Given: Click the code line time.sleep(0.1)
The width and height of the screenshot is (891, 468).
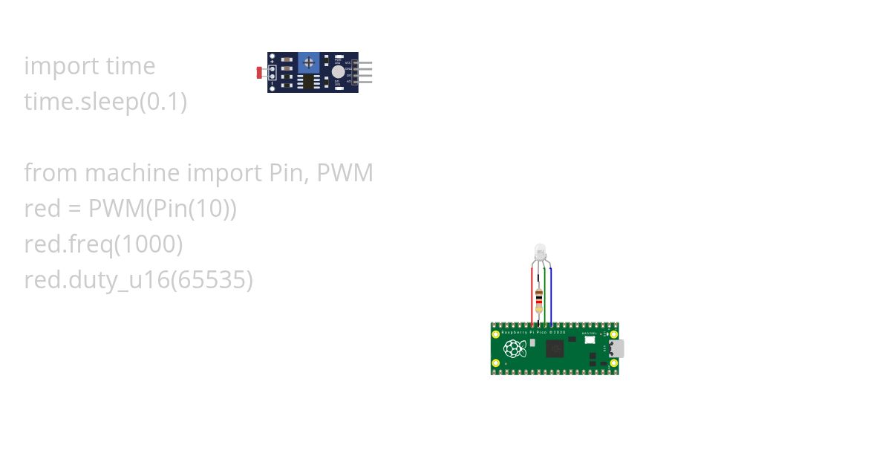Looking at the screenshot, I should point(105,102).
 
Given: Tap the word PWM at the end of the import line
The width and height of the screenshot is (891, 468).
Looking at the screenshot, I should point(345,173).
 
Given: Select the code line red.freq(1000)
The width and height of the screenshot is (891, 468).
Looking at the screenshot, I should point(103,244).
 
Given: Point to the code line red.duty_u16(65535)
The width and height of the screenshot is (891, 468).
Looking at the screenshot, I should point(138,280).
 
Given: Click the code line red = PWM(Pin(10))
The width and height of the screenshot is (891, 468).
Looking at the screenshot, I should point(130,209).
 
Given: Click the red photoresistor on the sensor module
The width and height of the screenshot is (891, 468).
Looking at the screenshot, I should point(259,72).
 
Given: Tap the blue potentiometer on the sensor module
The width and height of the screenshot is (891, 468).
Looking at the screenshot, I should point(309,63).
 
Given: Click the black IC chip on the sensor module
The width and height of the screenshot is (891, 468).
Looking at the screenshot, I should point(308,81).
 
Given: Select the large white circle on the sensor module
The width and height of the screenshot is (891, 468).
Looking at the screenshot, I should point(339,72).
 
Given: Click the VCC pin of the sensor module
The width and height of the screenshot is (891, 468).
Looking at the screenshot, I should point(364,64).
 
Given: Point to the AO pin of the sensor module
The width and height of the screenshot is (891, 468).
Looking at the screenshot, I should point(364,81).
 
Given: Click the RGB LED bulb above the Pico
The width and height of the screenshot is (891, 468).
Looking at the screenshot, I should point(540,251).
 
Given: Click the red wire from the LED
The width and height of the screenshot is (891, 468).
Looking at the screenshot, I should point(532,297).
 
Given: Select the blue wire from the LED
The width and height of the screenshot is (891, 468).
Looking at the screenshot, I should point(550,297).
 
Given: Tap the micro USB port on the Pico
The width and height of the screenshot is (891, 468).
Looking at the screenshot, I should point(617,348).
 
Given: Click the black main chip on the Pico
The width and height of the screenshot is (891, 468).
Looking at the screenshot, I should point(555,348).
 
